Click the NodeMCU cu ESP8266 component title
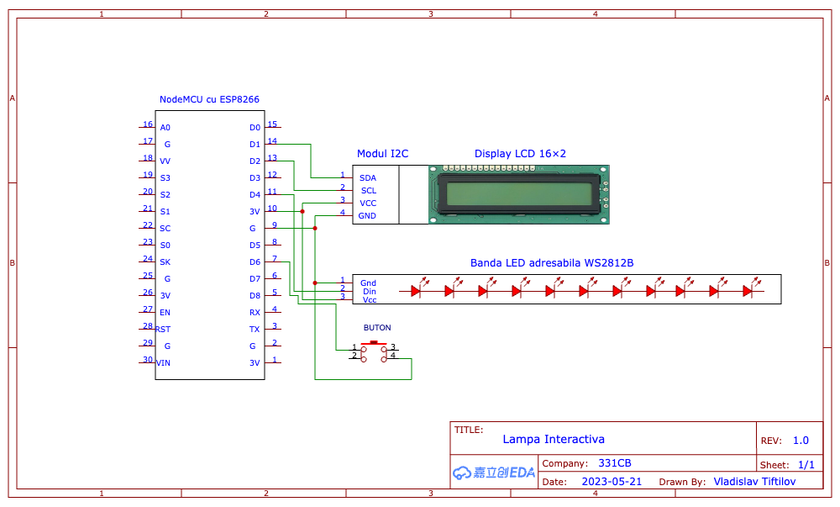[x=209, y=99]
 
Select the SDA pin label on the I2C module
[x=368, y=178]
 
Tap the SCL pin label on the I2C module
[x=369, y=190]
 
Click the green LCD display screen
[x=519, y=194]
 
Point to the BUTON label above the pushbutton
[x=377, y=327]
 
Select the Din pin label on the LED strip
[x=369, y=292]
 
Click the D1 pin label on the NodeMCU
[x=255, y=144]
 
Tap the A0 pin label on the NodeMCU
[x=165, y=128]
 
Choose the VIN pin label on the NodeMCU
[x=164, y=363]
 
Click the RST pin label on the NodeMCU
[x=163, y=329]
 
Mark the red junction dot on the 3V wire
[x=302, y=212]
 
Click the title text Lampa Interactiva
[x=554, y=440]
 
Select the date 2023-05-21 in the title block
[x=612, y=481]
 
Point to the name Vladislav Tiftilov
[x=754, y=481]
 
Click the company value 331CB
[x=615, y=463]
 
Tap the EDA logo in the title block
[x=494, y=473]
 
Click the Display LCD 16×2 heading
[x=520, y=154]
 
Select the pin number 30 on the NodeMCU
[x=148, y=359]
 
